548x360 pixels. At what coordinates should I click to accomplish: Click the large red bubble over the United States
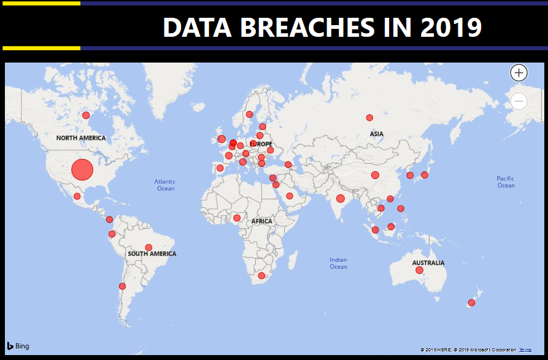[82, 170]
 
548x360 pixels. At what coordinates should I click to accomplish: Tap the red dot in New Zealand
[471, 302]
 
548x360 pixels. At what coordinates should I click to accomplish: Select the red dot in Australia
[419, 270]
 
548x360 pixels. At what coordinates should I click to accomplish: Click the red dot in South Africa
[261, 275]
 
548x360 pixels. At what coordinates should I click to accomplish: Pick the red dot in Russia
[369, 118]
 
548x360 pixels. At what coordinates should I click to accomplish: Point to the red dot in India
[341, 199]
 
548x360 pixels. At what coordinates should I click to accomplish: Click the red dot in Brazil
[149, 248]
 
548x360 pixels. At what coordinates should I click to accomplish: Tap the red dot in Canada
[86, 115]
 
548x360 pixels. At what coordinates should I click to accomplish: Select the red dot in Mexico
[77, 196]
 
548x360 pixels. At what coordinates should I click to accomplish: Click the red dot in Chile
[122, 286]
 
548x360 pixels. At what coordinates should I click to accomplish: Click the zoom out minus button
[519, 101]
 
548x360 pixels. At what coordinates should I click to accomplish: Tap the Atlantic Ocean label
[165, 185]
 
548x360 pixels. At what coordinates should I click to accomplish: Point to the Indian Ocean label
[338, 263]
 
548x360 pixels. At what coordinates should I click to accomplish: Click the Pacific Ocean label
[506, 182]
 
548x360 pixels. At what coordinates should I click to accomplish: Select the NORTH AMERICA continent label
[81, 138]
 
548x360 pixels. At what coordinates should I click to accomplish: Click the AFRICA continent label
[262, 221]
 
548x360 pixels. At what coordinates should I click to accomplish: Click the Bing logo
[18, 346]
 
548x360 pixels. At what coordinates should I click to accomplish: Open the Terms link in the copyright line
[525, 350]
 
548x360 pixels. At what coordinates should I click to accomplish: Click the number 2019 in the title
[451, 27]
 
